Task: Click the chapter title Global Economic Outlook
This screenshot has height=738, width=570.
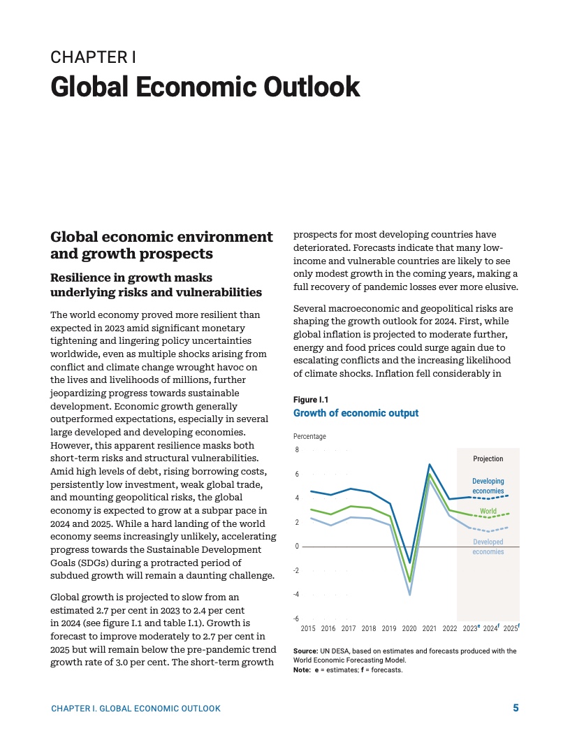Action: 205,87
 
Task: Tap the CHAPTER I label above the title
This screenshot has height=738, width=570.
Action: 93,57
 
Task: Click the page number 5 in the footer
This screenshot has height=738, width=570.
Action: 516,708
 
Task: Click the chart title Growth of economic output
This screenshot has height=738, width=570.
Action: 356,413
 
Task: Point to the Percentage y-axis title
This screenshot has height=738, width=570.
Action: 309,437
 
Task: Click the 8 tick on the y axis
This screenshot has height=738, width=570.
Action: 296,450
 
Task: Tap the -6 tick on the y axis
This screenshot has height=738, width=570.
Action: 296,618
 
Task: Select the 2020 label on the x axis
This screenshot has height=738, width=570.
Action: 409,629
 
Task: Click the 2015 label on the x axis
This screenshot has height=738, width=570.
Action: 308,629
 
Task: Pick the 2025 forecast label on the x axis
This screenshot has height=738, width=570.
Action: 511,628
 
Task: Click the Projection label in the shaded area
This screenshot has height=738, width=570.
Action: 488,459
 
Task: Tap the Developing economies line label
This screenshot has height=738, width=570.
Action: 488,486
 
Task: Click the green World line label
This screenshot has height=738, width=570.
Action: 488,512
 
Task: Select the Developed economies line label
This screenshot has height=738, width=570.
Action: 488,547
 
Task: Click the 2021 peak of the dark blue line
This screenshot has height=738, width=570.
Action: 430,465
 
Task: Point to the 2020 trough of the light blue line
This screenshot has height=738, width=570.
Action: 409,594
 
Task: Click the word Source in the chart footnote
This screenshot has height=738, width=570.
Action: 305,651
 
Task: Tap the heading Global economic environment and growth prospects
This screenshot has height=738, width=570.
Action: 161,245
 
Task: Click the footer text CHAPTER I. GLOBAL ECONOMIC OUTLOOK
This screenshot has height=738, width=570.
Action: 136,709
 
